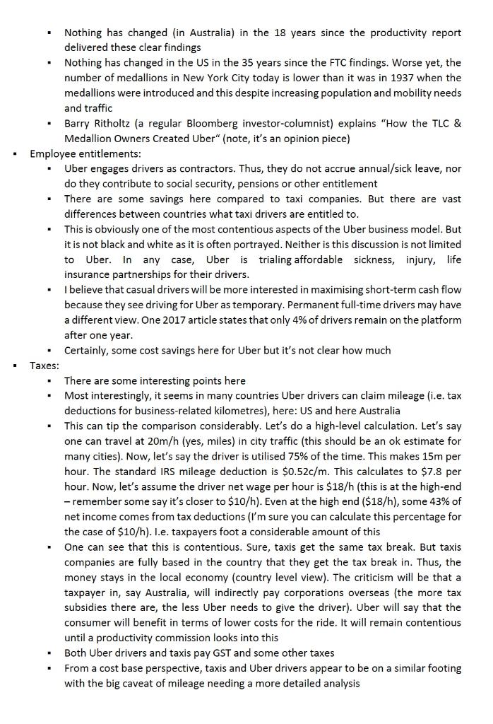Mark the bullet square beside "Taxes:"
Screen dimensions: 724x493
15,366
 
